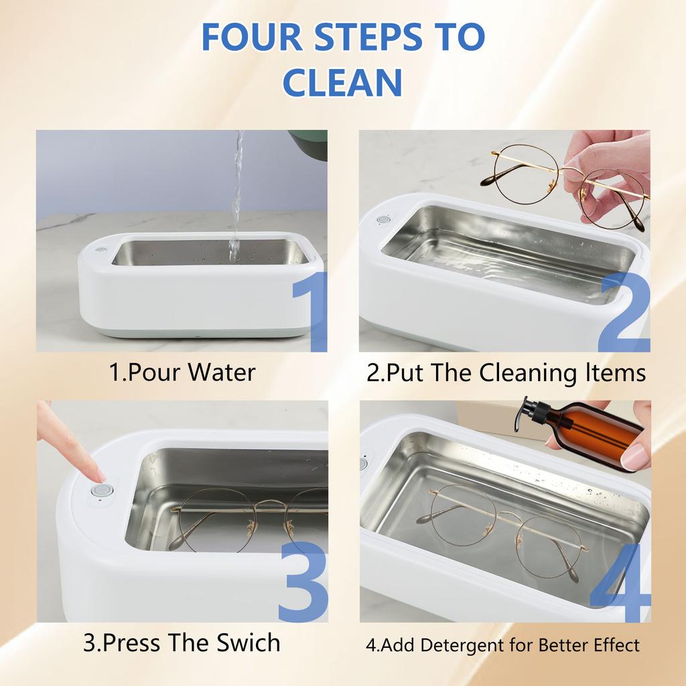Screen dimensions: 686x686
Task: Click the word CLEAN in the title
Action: pyautogui.click(x=342, y=81)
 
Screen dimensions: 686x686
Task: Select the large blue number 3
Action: pyautogui.click(x=303, y=581)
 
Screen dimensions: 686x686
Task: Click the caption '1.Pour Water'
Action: pyautogui.click(x=182, y=372)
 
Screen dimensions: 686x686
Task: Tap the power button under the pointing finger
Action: pyautogui.click(x=102, y=491)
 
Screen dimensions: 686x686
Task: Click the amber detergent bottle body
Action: pyautogui.click(x=593, y=432)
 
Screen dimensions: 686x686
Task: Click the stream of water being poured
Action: pyautogui.click(x=236, y=194)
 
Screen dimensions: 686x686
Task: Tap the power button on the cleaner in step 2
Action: pyautogui.click(x=383, y=219)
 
